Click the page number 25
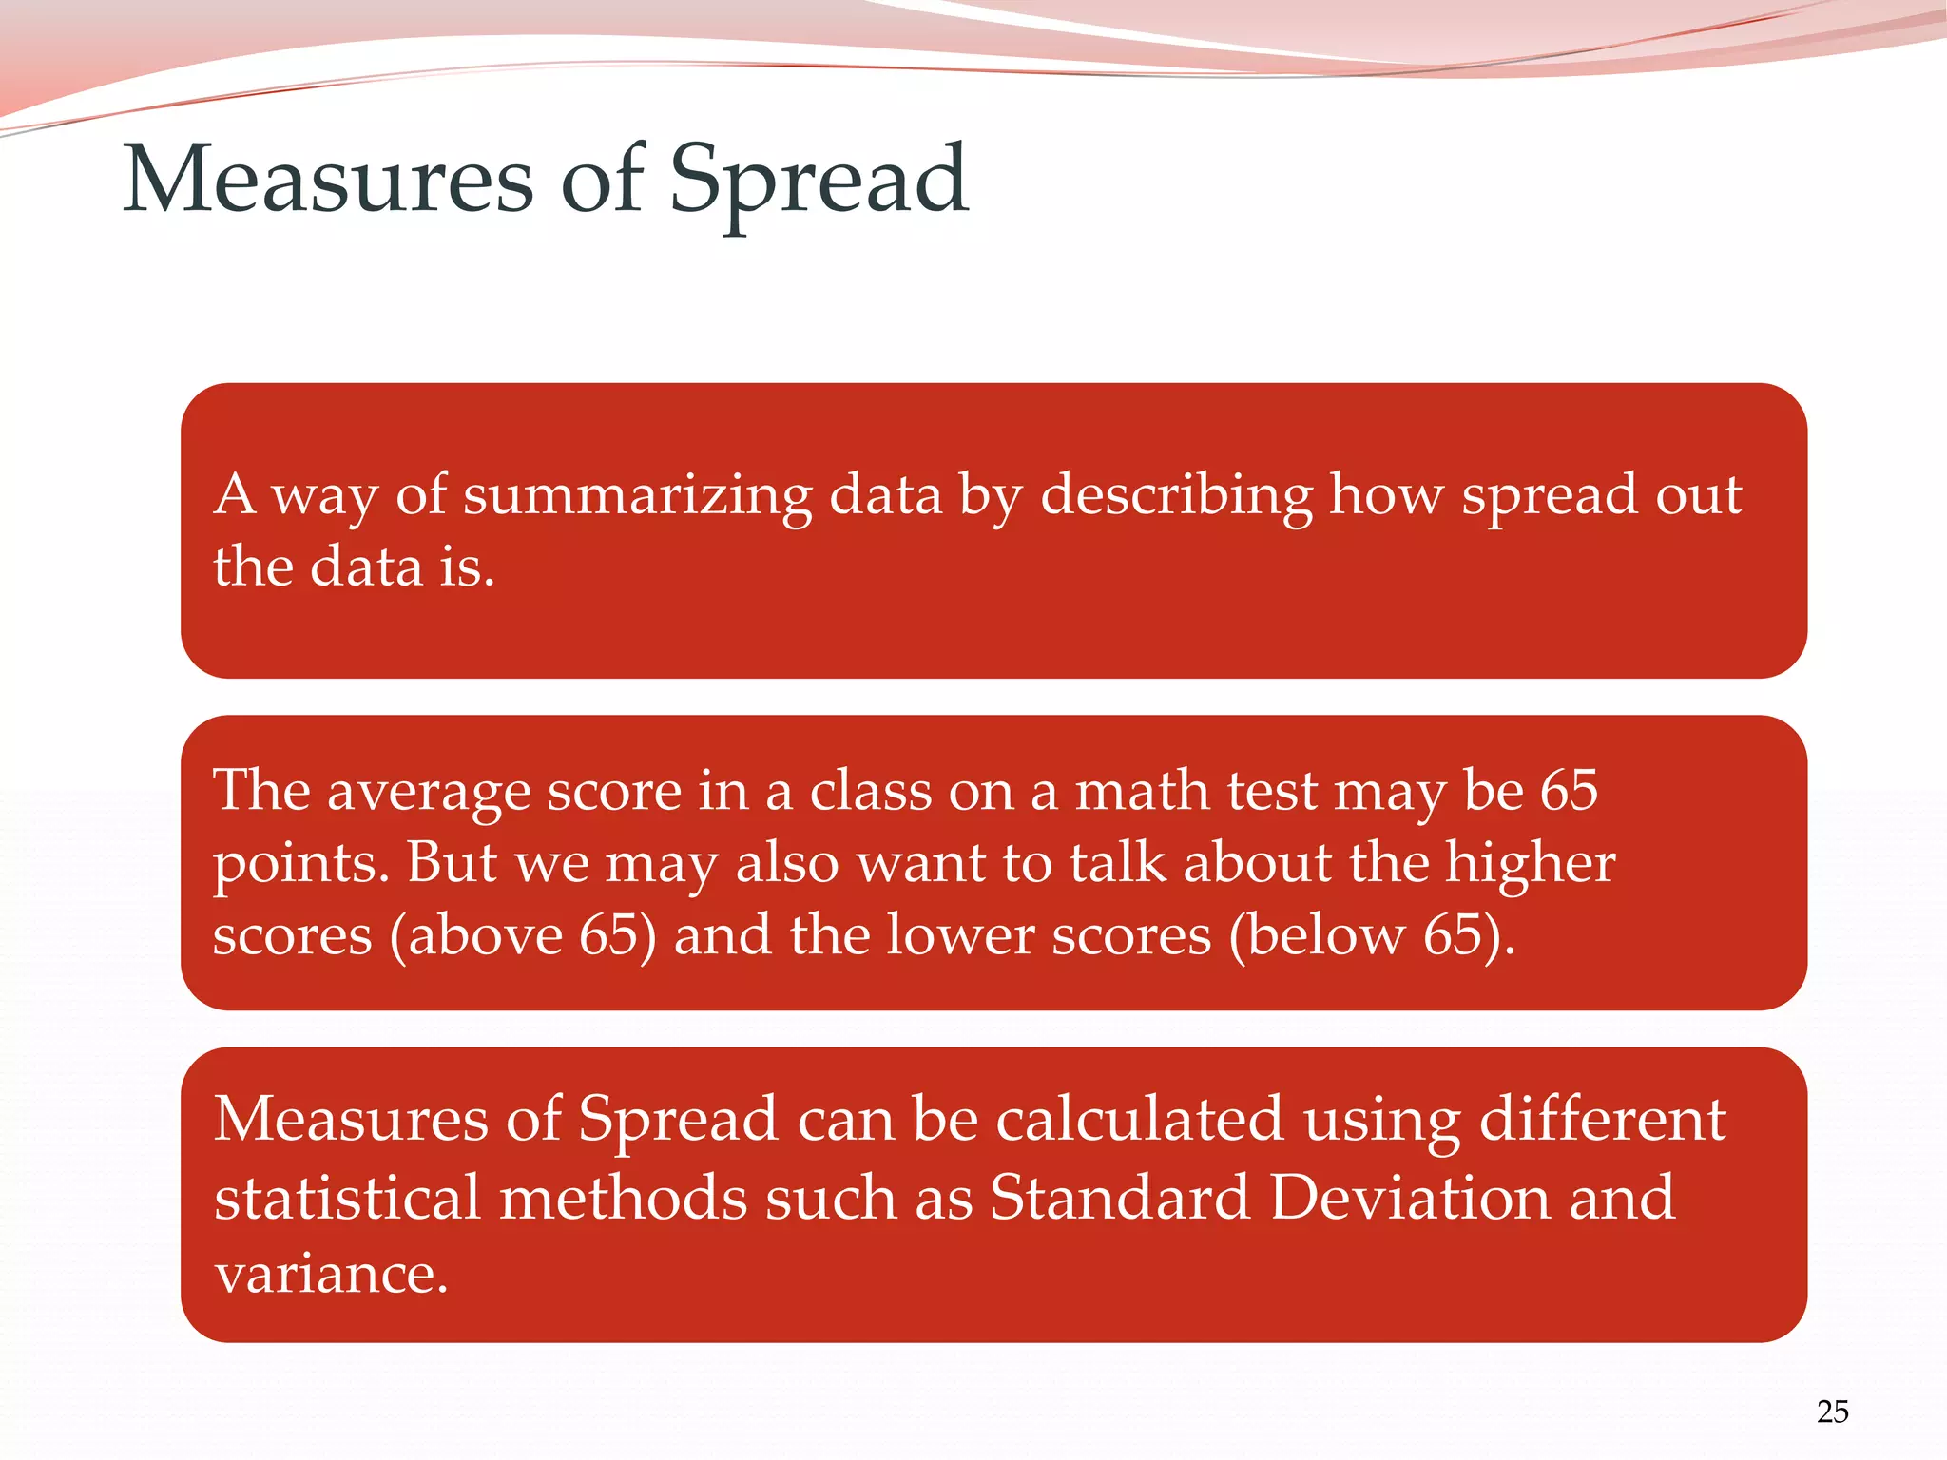(x=1832, y=1412)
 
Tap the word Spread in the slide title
(x=819, y=181)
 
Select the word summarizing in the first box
(x=637, y=496)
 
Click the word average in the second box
(x=428, y=791)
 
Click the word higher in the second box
(x=1530, y=863)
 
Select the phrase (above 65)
(x=523, y=935)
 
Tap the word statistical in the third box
(x=347, y=1197)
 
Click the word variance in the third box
(x=330, y=1274)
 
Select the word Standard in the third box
(x=1119, y=1197)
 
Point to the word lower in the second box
(x=959, y=935)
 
